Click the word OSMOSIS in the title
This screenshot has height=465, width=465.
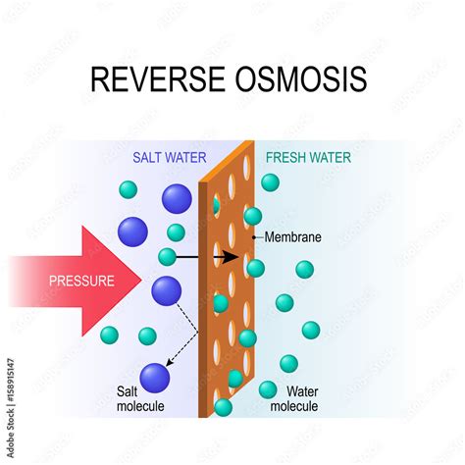point(304,78)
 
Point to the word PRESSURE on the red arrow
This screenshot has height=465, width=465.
point(81,281)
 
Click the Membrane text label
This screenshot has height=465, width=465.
point(292,237)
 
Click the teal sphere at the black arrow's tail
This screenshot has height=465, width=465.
point(168,258)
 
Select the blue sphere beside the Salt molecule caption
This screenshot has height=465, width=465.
point(155,378)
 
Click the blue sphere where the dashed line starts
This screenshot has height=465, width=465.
point(166,290)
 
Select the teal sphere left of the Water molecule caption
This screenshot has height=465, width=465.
point(267,389)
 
